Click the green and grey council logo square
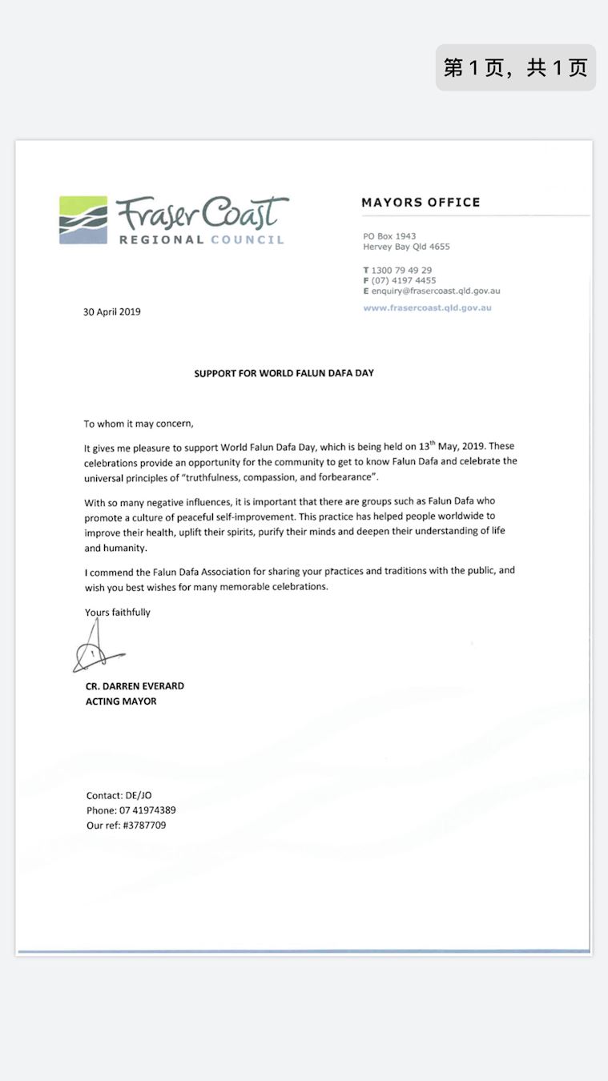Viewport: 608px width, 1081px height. click(83, 219)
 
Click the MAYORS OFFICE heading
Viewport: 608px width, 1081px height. click(421, 203)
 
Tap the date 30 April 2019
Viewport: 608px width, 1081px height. click(112, 311)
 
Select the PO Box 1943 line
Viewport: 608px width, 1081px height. click(389, 236)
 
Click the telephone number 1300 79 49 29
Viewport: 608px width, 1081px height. click(401, 271)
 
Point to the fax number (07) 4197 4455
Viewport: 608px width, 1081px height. click(404, 281)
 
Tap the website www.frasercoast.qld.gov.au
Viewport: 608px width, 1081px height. click(427, 307)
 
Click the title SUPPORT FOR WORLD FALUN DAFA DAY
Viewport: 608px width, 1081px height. click(284, 373)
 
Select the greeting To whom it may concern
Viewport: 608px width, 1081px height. click(139, 424)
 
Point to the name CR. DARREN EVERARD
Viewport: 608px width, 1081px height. click(135, 686)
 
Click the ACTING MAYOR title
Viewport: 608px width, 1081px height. click(121, 701)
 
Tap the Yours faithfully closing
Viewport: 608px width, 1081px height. click(118, 613)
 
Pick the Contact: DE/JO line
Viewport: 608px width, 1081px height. click(119, 795)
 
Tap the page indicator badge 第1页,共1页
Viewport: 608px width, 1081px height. click(515, 67)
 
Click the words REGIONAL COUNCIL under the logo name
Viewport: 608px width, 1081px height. click(201, 239)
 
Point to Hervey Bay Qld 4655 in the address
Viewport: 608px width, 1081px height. click(406, 247)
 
